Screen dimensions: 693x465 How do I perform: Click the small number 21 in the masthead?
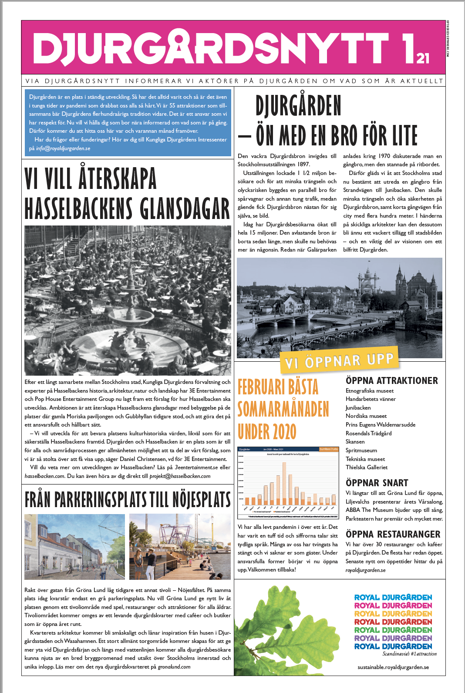[x=423, y=58]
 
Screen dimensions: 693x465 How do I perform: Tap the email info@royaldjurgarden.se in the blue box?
[x=63, y=148]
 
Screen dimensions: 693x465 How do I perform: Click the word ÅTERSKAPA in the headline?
[x=118, y=178]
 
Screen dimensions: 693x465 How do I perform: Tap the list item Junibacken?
[x=358, y=408]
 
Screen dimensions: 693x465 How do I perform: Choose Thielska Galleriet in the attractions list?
[x=366, y=468]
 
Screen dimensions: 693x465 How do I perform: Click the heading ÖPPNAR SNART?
[x=377, y=483]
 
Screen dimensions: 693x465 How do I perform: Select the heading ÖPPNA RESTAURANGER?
[x=393, y=534]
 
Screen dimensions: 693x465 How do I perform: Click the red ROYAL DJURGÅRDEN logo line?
[x=393, y=622]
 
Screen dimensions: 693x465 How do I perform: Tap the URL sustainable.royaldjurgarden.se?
[x=393, y=667]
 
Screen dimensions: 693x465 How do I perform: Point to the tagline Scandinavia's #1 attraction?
[x=409, y=654]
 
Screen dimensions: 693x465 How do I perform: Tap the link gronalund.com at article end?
[x=174, y=667]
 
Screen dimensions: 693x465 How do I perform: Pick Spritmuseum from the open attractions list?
[x=361, y=451]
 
